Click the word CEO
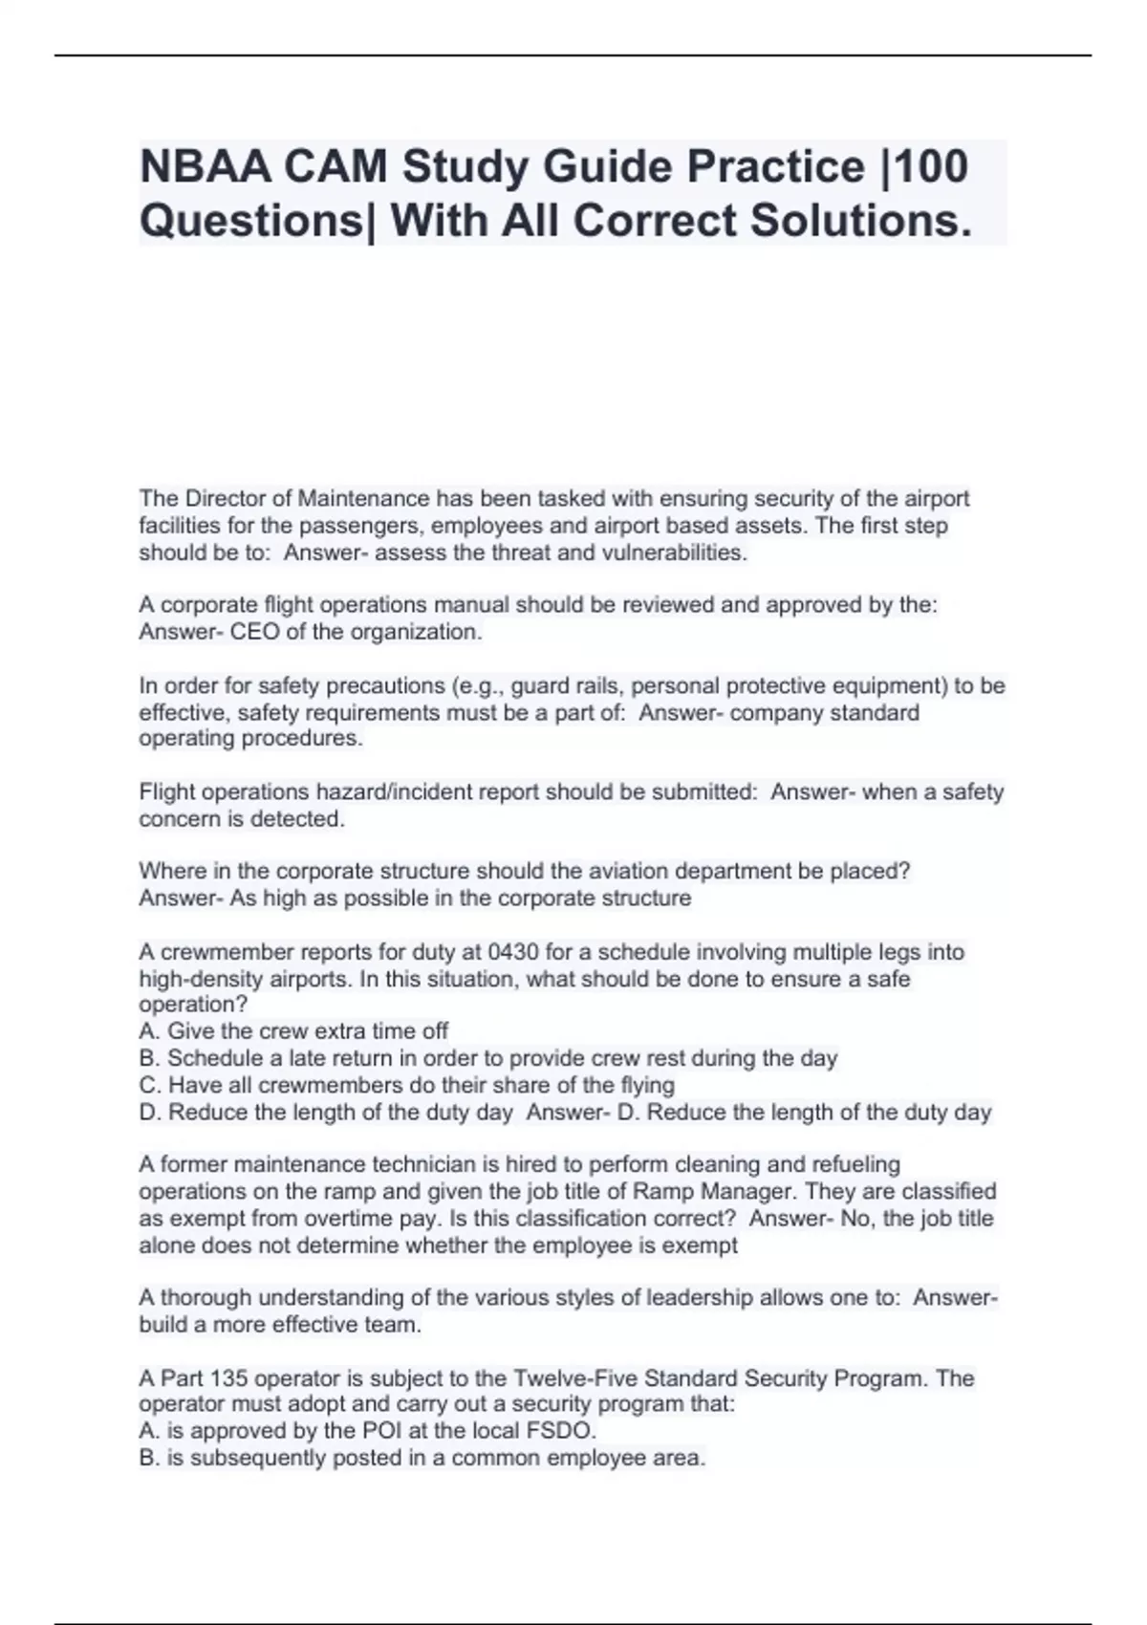coord(252,632)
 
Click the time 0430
coord(514,952)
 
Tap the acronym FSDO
coord(559,1431)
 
